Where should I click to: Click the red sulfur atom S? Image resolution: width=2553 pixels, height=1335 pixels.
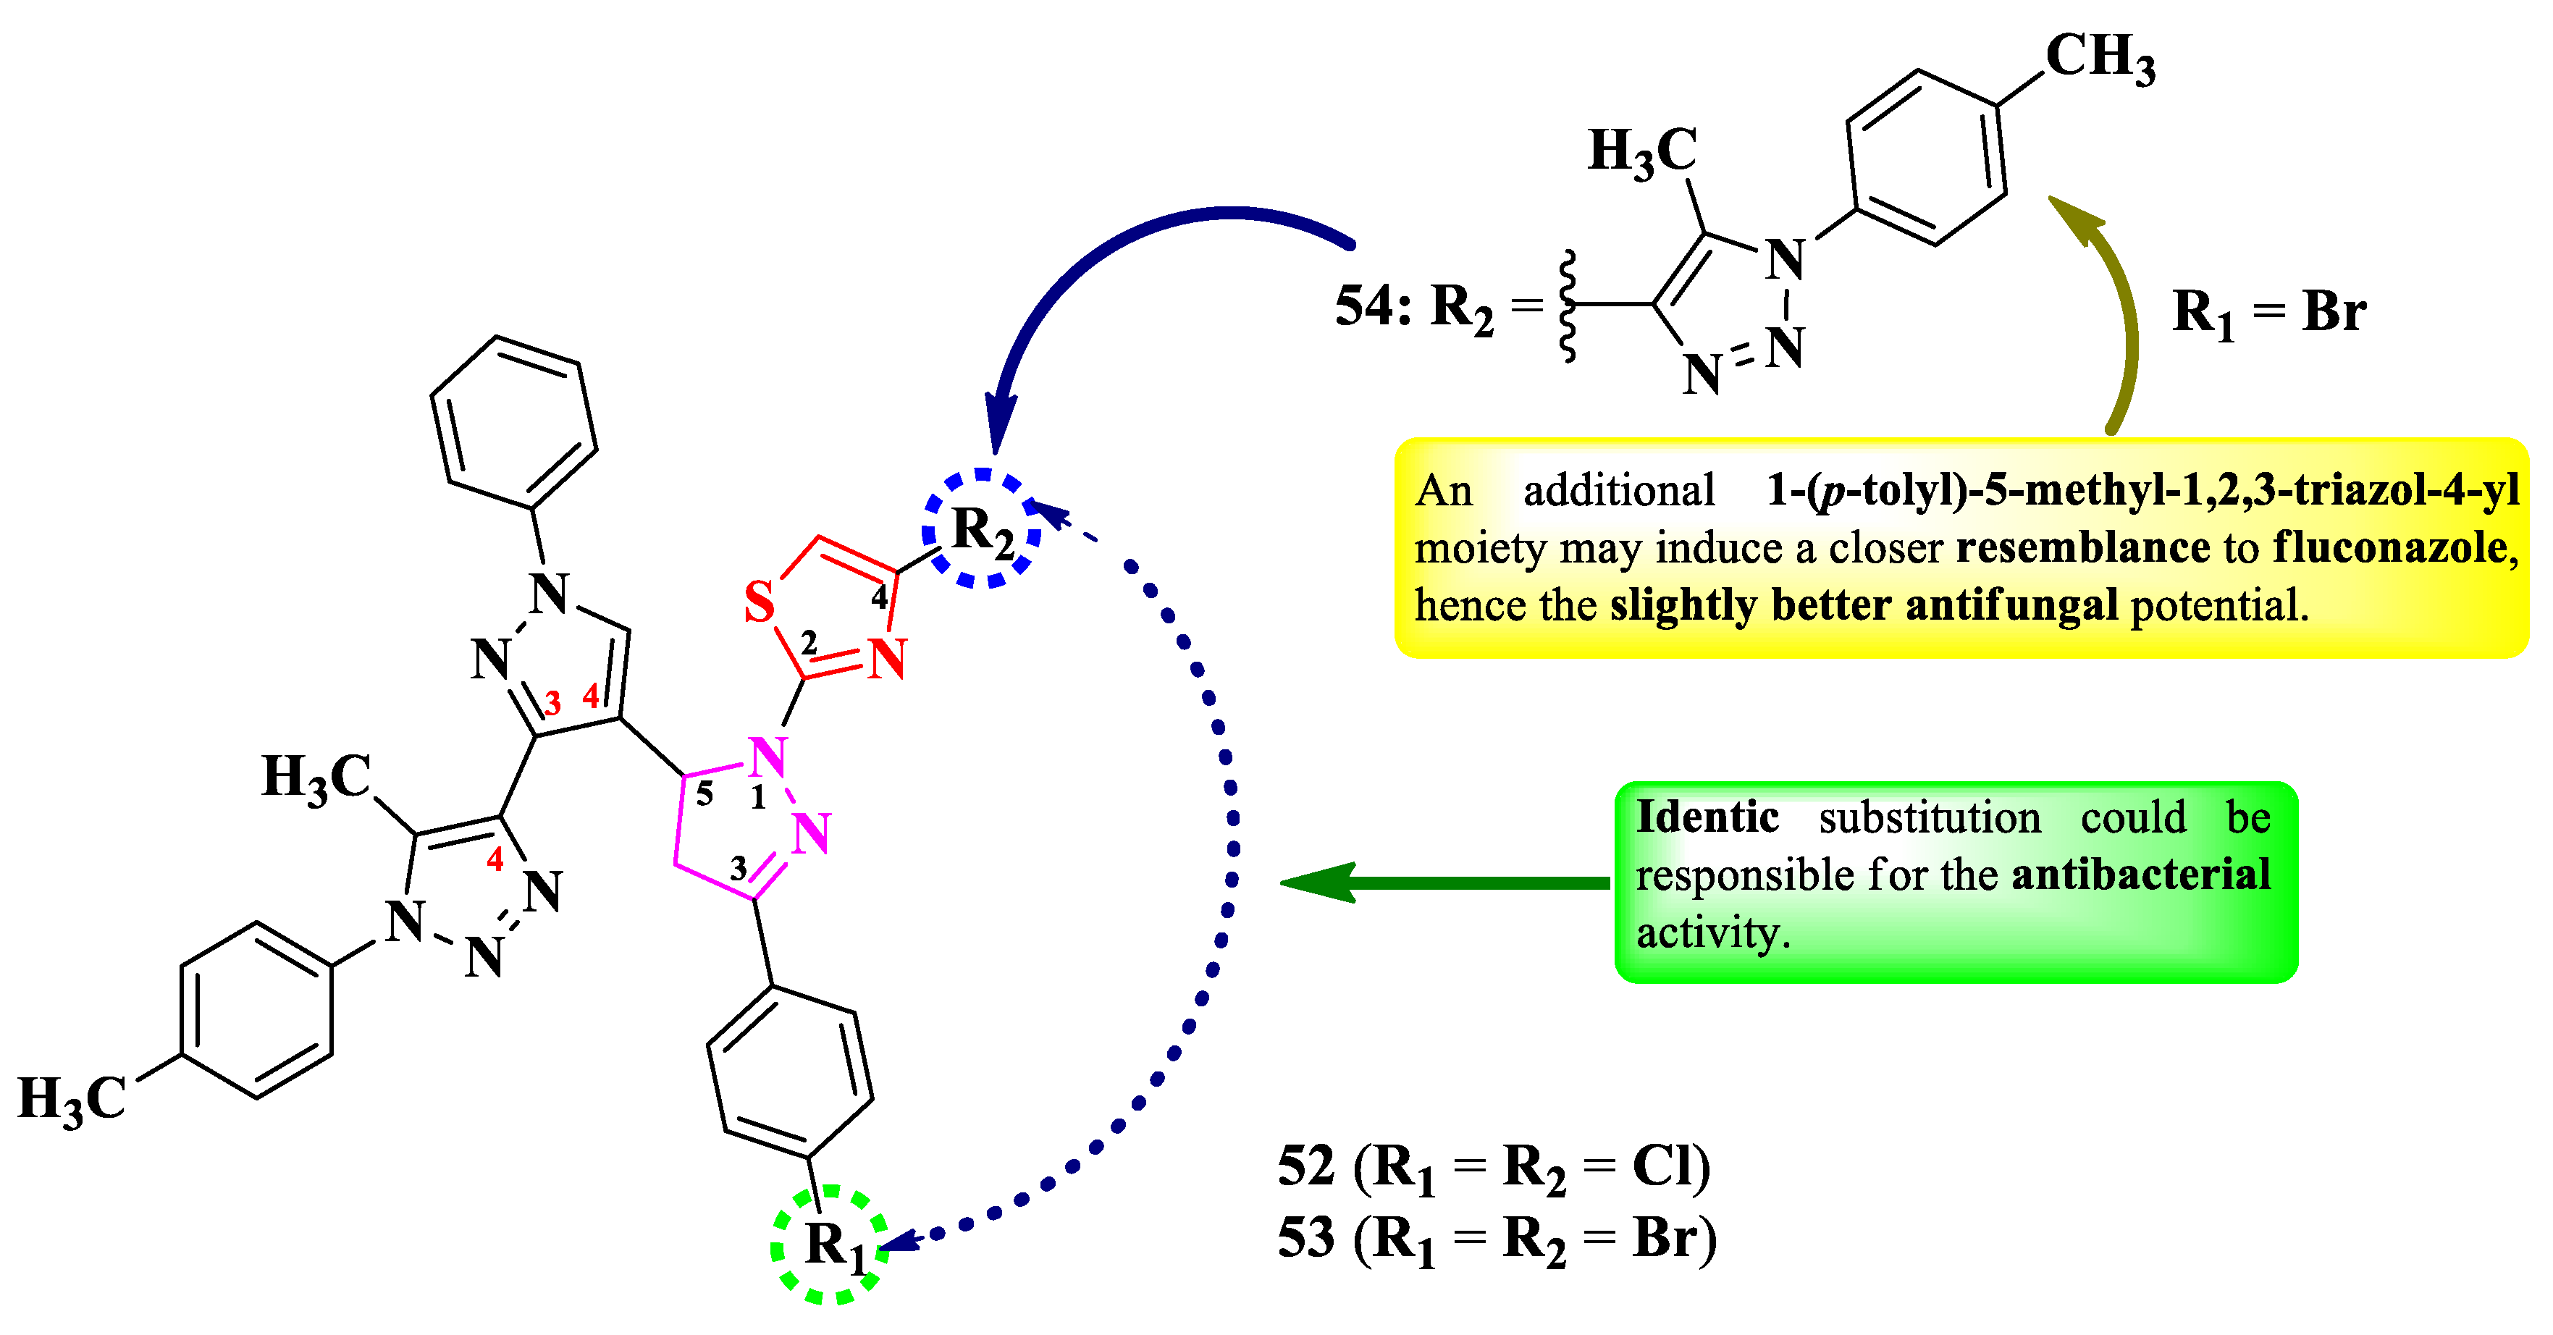point(759,602)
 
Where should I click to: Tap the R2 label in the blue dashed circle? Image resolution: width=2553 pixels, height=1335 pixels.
point(982,530)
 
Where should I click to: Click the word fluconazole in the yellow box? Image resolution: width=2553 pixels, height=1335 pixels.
point(2389,547)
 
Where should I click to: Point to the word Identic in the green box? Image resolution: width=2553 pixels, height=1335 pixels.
point(1707,817)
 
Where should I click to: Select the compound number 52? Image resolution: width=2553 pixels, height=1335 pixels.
point(1306,1166)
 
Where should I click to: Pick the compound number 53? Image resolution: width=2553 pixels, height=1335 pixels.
point(1306,1238)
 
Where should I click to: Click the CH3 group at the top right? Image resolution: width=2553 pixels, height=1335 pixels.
point(2100,56)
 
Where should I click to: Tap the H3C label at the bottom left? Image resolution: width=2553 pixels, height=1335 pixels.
point(72,1100)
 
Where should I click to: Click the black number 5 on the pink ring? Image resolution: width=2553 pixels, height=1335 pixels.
point(704,794)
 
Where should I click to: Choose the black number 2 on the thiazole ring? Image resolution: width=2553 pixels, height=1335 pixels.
point(809,642)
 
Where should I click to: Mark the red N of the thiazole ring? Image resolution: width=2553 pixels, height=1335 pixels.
point(886,659)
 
